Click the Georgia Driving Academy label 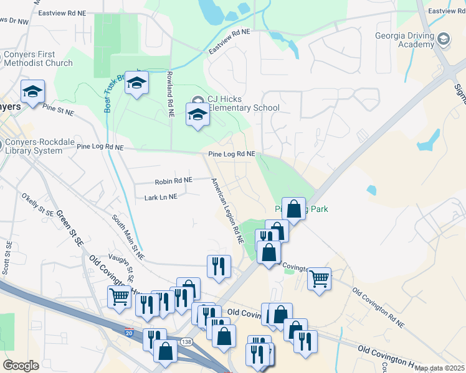pyautogui.click(x=404, y=40)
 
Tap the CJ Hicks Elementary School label pyautogui.click(x=243, y=104)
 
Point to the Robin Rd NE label pyautogui.click(x=173, y=180)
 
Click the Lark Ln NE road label pyautogui.click(x=161, y=196)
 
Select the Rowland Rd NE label pyautogui.click(x=169, y=94)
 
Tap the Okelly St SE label pyautogui.click(x=38, y=204)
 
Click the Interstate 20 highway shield pyautogui.click(x=129, y=333)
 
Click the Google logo pyautogui.click(x=21, y=366)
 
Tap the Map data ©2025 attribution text pyautogui.click(x=439, y=368)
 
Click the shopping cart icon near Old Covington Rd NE pyautogui.click(x=319, y=278)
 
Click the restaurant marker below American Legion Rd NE pyautogui.click(x=219, y=266)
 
